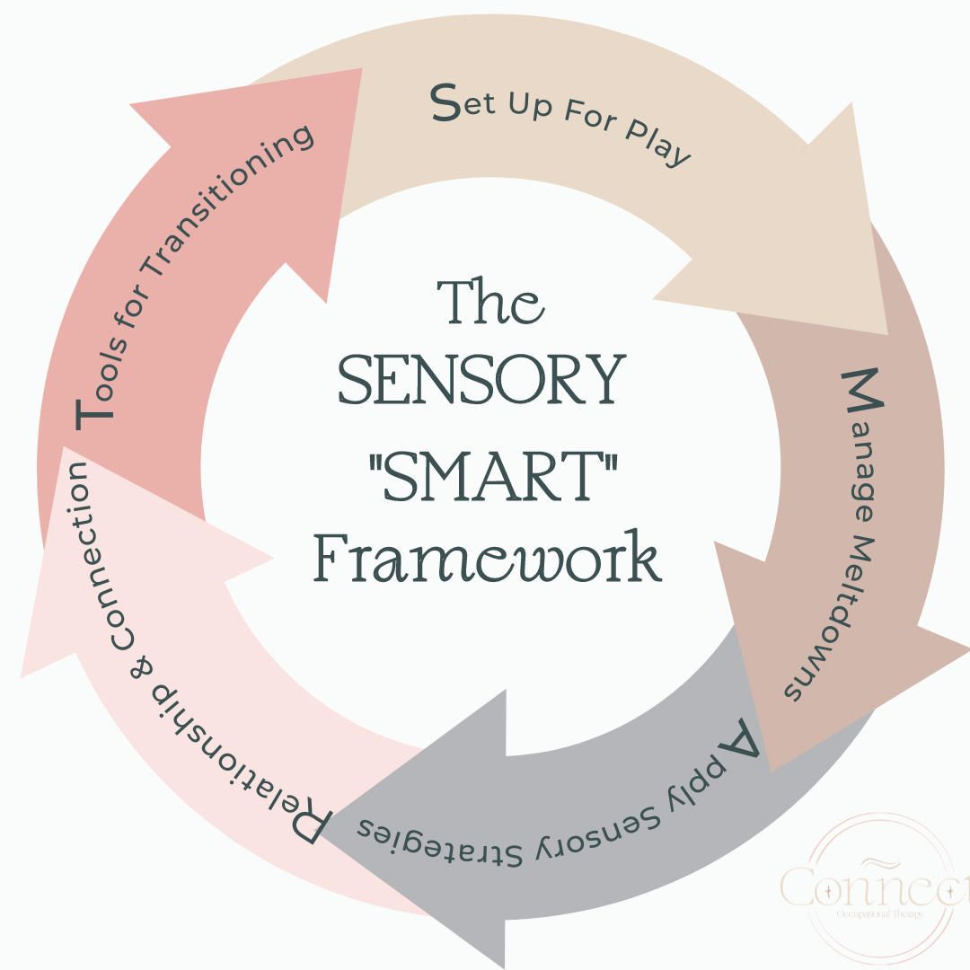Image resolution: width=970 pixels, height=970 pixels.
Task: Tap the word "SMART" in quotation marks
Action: pyautogui.click(x=486, y=472)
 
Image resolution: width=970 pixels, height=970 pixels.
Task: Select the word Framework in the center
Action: pyautogui.click(x=487, y=559)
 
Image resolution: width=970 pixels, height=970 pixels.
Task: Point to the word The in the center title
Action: pyautogui.click(x=489, y=303)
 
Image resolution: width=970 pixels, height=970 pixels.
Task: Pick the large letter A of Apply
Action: pyautogui.click(x=740, y=738)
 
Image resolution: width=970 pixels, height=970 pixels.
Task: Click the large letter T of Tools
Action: pyautogui.click(x=96, y=413)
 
